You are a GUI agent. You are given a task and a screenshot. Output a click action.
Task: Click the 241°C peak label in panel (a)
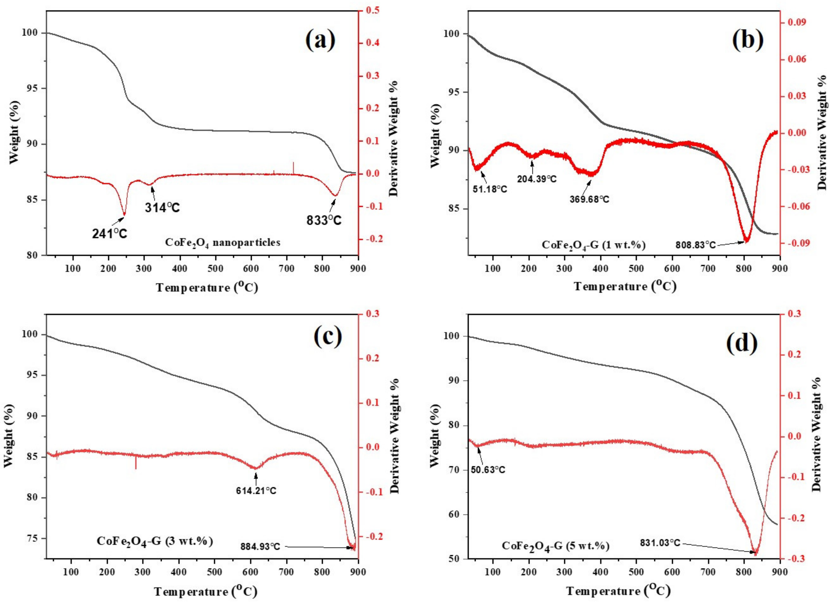coord(109,234)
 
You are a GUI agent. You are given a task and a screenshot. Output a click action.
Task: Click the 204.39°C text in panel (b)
coord(537,179)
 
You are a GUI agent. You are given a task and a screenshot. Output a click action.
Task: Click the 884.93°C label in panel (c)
coord(260,557)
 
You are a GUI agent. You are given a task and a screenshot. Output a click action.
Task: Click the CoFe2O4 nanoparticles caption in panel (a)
coord(223,242)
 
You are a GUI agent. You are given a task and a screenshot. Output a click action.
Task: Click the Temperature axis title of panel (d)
coord(618,591)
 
